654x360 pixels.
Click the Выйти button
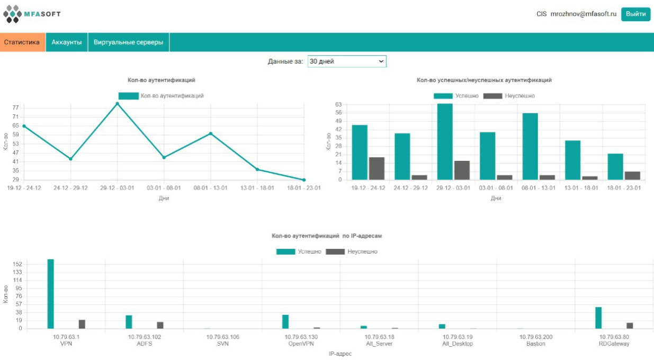tap(635, 14)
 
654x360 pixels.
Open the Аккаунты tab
tap(67, 42)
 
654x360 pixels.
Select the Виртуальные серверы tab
tap(129, 42)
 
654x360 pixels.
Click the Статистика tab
tap(22, 42)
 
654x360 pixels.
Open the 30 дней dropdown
tap(347, 61)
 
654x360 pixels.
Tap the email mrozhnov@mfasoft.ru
tap(584, 14)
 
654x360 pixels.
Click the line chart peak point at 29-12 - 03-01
tap(117, 103)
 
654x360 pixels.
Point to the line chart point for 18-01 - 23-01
tap(304, 180)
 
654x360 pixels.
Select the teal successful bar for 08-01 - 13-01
tap(530, 146)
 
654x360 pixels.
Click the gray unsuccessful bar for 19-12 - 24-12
tap(377, 168)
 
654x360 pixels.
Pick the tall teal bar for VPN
tap(51, 294)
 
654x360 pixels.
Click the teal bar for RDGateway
tap(598, 318)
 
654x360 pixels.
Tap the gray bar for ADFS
tap(160, 325)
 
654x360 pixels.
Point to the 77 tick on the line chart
tap(15, 107)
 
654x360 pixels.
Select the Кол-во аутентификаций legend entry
tap(161, 96)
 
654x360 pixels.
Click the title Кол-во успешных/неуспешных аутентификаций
tap(484, 80)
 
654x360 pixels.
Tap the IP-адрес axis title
tap(340, 354)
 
